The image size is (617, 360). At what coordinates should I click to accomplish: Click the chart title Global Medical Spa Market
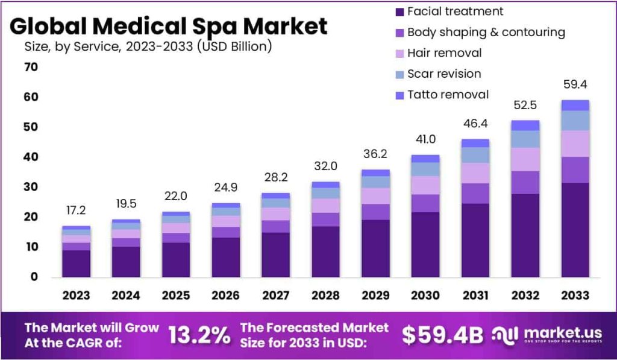click(x=169, y=27)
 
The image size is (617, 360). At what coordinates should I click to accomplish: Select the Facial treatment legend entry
click(x=455, y=11)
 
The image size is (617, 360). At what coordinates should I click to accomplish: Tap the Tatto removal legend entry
click(x=448, y=95)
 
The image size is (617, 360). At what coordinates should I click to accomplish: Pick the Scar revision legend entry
click(x=444, y=74)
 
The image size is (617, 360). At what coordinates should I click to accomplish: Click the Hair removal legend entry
click(x=444, y=53)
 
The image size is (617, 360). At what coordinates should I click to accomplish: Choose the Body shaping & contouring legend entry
click(x=486, y=33)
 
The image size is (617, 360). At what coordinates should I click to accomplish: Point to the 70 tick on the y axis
click(x=31, y=67)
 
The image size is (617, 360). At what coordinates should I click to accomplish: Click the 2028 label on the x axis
click(x=326, y=295)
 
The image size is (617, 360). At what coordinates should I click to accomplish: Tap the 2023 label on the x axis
click(x=76, y=295)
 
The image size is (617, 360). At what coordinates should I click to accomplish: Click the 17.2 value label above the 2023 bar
click(x=76, y=210)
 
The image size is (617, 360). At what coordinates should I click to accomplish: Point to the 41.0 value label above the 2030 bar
click(x=425, y=139)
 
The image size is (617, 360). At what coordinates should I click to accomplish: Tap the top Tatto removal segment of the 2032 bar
click(x=525, y=125)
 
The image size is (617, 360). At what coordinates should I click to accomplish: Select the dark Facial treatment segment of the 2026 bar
click(x=226, y=257)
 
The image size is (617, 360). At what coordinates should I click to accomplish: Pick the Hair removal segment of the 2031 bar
click(x=475, y=173)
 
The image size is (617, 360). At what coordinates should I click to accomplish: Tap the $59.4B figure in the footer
click(x=442, y=335)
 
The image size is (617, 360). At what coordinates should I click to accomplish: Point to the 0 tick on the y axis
click(x=34, y=277)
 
